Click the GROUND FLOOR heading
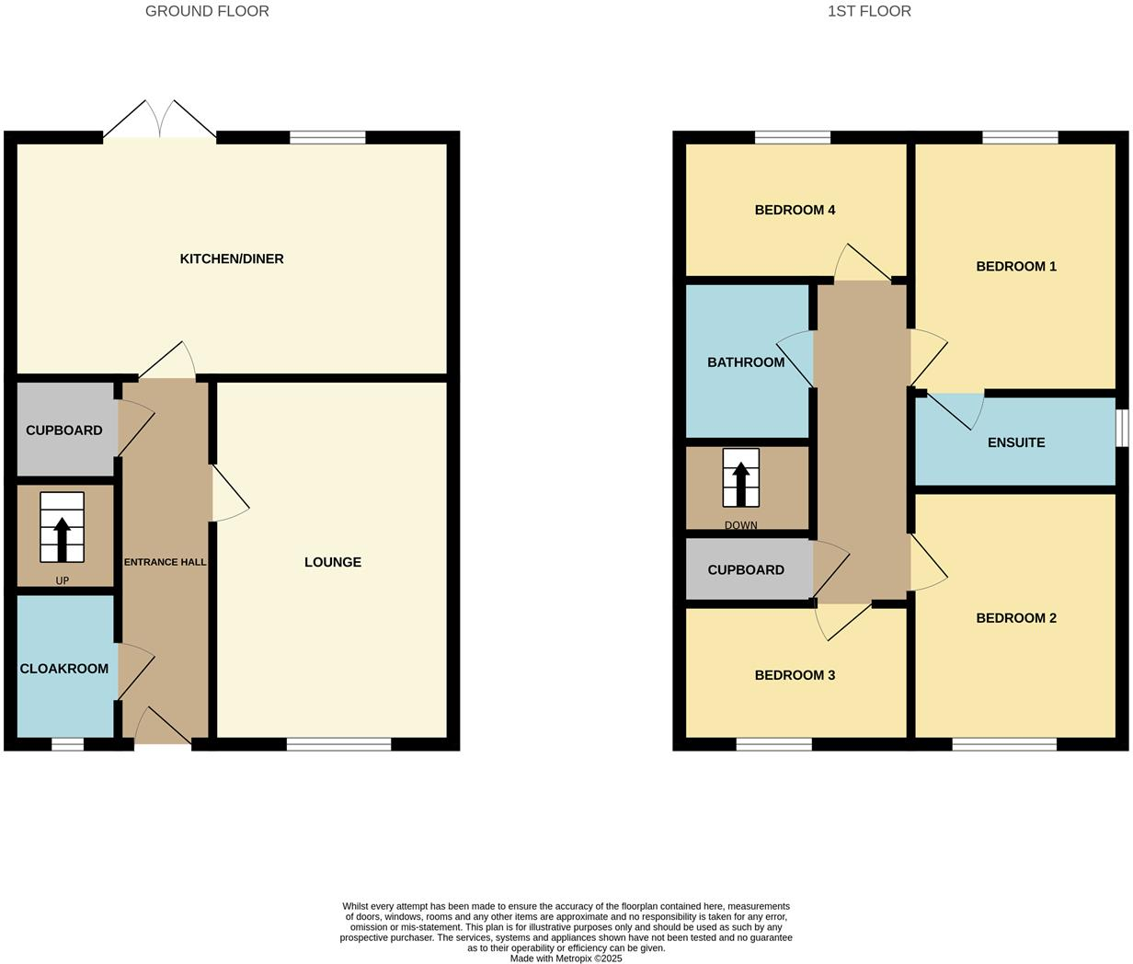(x=207, y=11)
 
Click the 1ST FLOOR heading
(x=869, y=11)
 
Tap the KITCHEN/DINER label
(x=232, y=259)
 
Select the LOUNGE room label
(x=333, y=562)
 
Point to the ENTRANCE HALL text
(x=166, y=562)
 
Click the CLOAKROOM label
(x=64, y=669)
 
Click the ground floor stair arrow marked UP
(x=63, y=539)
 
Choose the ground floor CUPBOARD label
(x=64, y=430)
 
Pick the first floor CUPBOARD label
(x=746, y=570)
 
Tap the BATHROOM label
(x=746, y=362)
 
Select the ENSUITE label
(x=1016, y=442)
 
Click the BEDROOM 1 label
(x=1016, y=267)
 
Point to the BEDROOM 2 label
(x=1016, y=618)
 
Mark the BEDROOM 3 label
(x=795, y=675)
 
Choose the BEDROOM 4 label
(x=795, y=210)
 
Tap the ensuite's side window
(x=1122, y=428)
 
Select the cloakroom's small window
(x=67, y=744)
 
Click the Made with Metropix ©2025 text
(x=566, y=958)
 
